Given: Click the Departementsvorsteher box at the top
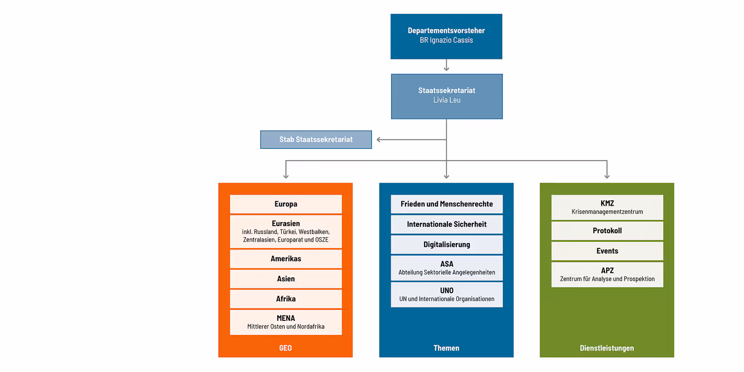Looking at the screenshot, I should tap(446, 36).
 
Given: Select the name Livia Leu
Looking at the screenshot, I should tap(447, 100).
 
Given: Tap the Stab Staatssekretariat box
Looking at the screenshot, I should tap(316, 139).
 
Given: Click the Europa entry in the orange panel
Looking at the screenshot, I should tap(286, 204).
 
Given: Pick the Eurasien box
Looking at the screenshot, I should tap(286, 231).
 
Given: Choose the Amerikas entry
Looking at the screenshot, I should tap(286, 258).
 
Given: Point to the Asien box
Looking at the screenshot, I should tap(286, 279).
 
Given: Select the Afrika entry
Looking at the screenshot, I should tap(286, 299).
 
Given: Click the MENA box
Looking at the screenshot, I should tap(286, 322).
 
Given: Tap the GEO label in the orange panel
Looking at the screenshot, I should tap(285, 348).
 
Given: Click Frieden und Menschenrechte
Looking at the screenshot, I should tap(446, 204).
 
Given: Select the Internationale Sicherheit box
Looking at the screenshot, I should tap(446, 224).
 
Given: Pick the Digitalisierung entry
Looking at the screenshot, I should tap(446, 245).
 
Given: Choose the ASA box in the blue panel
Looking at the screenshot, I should tap(446, 268).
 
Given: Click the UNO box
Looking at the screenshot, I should tap(446, 294).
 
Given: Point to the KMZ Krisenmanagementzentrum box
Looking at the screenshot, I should tap(607, 207).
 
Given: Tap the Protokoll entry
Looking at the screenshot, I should tap(607, 231).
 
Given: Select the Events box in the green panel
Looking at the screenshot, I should tap(607, 251).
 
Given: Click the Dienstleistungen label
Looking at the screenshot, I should tap(607, 348).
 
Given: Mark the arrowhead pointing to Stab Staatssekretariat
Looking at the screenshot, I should tap(379, 139).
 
